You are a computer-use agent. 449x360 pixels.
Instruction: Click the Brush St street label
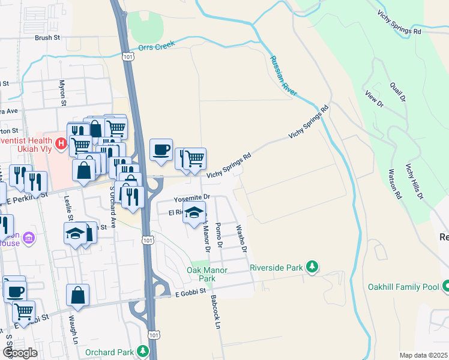pyautogui.click(x=48, y=37)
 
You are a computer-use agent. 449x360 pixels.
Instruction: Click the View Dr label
pyautogui.click(x=374, y=99)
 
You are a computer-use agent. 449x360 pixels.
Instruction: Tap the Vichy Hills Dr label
pyautogui.click(x=415, y=181)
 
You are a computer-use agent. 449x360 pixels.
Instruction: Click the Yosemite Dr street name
pyautogui.click(x=191, y=197)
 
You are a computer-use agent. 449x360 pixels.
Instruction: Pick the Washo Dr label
pyautogui.click(x=241, y=238)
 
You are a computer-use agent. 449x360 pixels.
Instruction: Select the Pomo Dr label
pyautogui.click(x=219, y=236)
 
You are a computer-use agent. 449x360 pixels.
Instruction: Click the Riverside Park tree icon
pyautogui.click(x=312, y=266)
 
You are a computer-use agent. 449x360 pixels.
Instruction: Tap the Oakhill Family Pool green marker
pyautogui.click(x=445, y=287)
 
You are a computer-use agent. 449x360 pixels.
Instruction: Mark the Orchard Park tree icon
pyautogui.click(x=143, y=350)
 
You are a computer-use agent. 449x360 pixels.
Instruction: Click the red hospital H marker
pyautogui.click(x=60, y=144)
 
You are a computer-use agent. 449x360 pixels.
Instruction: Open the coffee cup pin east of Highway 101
pyautogui.click(x=161, y=150)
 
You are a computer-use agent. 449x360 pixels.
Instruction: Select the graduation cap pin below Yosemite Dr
pyautogui.click(x=194, y=214)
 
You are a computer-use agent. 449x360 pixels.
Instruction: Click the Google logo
pyautogui.click(x=20, y=353)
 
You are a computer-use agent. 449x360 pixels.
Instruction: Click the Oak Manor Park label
pyautogui.click(x=200, y=275)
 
